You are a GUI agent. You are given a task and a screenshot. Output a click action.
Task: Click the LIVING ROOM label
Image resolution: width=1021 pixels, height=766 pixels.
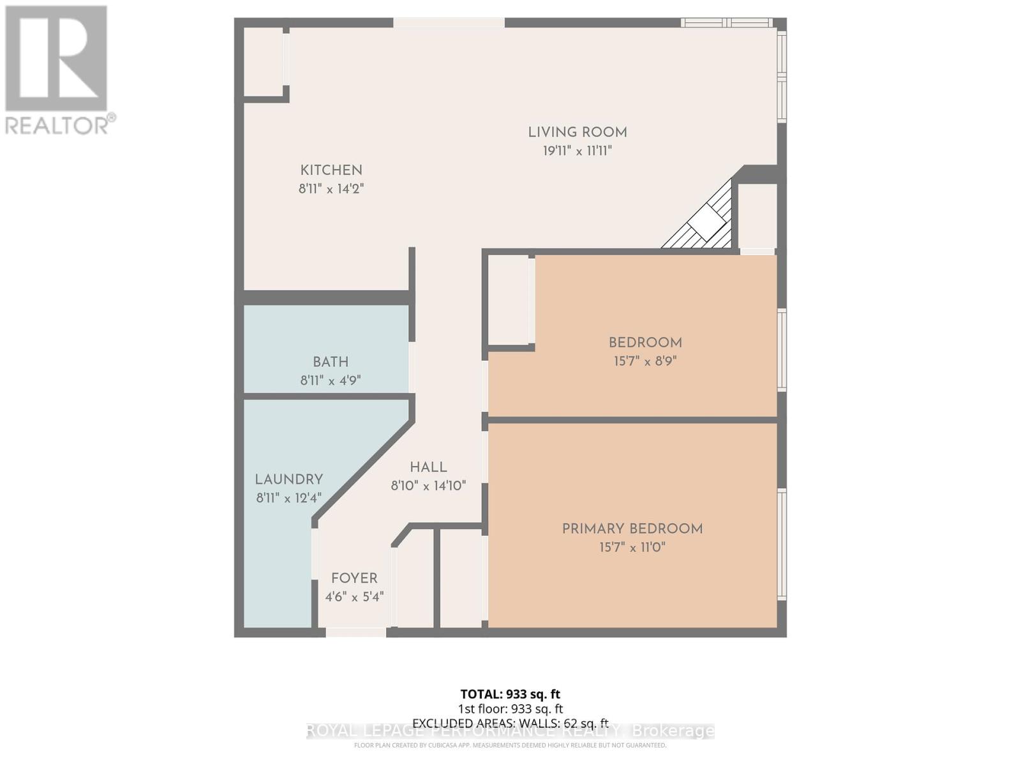(x=577, y=132)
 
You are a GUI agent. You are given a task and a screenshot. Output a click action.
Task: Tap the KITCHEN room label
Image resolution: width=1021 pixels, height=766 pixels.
(x=331, y=170)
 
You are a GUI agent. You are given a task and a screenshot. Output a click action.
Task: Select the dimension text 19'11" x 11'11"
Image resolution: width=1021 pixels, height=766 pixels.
(x=577, y=151)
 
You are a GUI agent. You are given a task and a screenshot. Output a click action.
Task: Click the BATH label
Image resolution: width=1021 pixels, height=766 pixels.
(x=331, y=361)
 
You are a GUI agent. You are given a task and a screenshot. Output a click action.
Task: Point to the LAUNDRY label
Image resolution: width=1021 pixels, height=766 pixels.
(x=288, y=479)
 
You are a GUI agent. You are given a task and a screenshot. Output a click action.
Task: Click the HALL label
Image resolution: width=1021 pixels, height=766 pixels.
(x=428, y=467)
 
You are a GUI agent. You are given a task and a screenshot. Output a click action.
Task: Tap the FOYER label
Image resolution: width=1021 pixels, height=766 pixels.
(x=354, y=578)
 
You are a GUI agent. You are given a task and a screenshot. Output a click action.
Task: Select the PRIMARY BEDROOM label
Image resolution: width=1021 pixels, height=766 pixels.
(x=632, y=529)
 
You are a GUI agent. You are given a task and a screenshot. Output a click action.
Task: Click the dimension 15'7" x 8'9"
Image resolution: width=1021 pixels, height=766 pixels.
(x=645, y=361)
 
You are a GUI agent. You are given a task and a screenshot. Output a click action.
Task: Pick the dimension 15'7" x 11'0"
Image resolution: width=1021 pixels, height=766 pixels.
(x=632, y=548)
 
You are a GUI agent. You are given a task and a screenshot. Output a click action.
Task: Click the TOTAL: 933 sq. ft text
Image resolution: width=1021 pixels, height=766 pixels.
(x=510, y=694)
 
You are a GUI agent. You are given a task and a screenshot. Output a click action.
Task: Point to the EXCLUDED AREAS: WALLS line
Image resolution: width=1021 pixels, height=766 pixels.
(x=510, y=723)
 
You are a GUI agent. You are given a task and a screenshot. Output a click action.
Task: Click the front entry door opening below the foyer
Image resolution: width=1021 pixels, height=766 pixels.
(x=355, y=632)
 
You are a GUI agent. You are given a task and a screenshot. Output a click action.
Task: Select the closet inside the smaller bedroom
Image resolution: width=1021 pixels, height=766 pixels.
(x=509, y=299)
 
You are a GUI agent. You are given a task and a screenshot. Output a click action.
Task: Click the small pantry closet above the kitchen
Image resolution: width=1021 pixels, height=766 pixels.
(x=264, y=62)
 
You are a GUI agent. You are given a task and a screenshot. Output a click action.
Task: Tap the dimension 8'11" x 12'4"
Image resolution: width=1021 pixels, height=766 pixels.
(x=288, y=498)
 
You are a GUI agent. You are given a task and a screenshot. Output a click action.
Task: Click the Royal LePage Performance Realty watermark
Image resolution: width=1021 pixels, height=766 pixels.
(x=510, y=732)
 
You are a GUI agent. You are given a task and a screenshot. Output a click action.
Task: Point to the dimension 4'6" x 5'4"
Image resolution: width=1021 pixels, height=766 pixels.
(x=354, y=597)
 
